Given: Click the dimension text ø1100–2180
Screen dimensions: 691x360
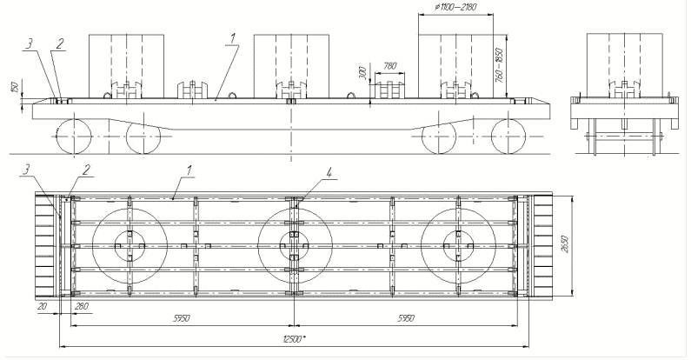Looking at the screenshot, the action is click(455, 7).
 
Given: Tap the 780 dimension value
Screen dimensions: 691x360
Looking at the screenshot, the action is click(390, 66).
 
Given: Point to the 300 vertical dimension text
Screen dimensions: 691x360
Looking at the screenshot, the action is click(362, 73).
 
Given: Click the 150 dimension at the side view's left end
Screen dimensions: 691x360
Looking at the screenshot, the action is click(14, 87).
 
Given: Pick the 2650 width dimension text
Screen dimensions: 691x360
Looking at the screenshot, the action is click(567, 244).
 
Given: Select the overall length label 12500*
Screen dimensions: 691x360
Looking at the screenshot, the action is click(296, 339).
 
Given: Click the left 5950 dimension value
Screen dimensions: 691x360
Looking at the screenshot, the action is click(182, 318).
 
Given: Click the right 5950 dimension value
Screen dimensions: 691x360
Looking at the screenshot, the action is click(405, 318).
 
